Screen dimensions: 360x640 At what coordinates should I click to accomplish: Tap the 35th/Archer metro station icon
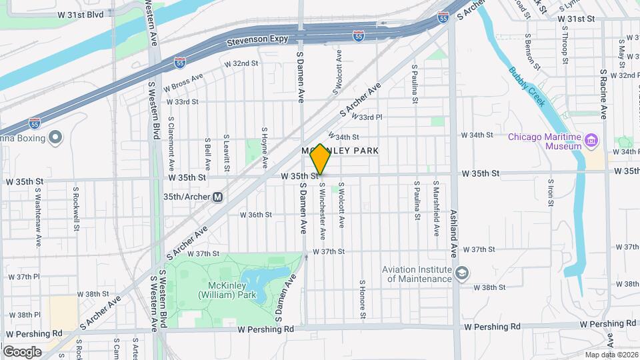[217, 197]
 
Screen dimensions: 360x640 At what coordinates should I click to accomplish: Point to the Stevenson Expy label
[257, 39]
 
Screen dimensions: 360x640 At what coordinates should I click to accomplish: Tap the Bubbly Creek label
[527, 87]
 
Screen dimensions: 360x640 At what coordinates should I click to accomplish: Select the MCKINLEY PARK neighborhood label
[341, 151]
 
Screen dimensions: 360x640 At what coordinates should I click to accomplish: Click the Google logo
[22, 351]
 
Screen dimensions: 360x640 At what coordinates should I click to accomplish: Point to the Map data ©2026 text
[611, 355]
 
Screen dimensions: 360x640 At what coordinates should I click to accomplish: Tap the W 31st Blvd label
[81, 13]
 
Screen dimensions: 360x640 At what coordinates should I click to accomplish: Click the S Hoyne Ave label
[265, 147]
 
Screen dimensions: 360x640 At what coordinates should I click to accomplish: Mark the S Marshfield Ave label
[436, 209]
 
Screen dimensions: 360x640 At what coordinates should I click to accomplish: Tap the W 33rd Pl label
[371, 117]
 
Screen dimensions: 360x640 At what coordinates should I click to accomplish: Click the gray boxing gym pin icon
[55, 138]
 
